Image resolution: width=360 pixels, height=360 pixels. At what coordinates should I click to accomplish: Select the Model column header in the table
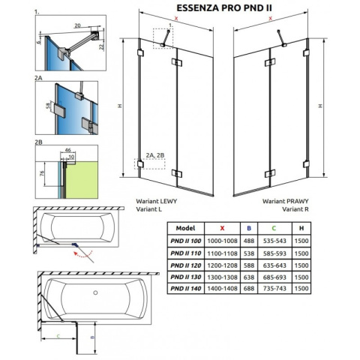pyautogui.click(x=184, y=227)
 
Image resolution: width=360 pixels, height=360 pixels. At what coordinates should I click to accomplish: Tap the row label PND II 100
pyautogui.click(x=184, y=241)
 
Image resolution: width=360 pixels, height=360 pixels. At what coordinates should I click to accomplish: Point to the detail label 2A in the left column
pyautogui.click(x=40, y=77)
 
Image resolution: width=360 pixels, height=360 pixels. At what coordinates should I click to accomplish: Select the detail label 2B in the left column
pyautogui.click(x=40, y=140)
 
